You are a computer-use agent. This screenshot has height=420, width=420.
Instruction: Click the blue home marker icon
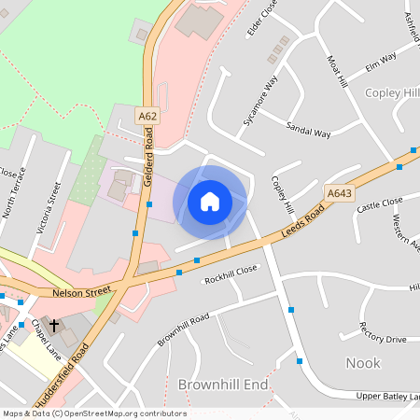click(x=210, y=202)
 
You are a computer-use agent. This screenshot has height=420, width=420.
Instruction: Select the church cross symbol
click(x=54, y=327)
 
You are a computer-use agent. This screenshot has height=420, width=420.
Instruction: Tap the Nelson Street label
click(x=81, y=292)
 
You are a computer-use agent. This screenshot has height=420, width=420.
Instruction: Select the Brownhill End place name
click(x=222, y=385)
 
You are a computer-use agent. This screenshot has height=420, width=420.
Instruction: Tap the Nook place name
click(x=363, y=362)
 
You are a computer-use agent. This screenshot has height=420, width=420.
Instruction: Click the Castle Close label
click(x=379, y=204)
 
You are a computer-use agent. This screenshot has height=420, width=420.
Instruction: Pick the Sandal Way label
click(x=309, y=133)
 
